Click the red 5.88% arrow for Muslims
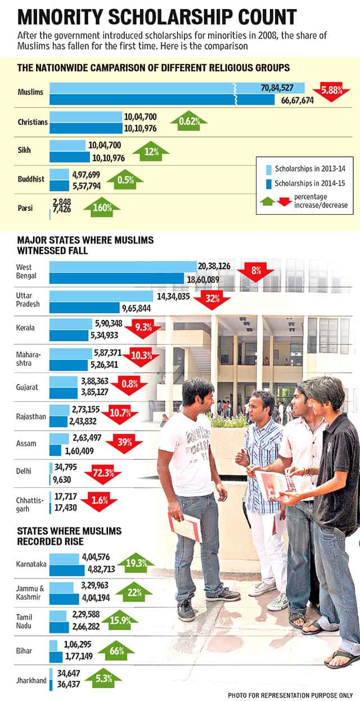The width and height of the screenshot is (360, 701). coord(331,92)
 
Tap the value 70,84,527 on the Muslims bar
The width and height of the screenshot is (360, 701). coord(277,88)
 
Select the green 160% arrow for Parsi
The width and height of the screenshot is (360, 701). coord(102,207)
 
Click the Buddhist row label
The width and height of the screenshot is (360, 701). coord(31,179)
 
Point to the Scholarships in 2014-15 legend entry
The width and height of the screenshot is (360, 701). coord(305,183)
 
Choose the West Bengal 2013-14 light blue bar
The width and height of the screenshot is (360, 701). coord(123,266)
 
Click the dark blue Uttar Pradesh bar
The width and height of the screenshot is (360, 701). coord(84,307)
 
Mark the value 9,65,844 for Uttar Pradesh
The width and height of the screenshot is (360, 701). coord(136,309)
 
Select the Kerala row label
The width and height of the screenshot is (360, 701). coord(25,328)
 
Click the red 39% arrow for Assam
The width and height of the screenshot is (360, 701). coord(124,444)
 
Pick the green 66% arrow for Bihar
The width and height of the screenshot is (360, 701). coord(116,650)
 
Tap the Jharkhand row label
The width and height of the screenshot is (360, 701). coord(31,681)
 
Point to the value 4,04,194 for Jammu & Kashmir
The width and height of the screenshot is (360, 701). coord(96,598)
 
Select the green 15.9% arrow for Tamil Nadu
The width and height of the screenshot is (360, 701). coord(120,620)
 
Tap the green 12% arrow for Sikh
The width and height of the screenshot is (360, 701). coord(151,151)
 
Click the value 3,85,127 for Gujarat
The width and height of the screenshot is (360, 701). coord(94,392)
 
